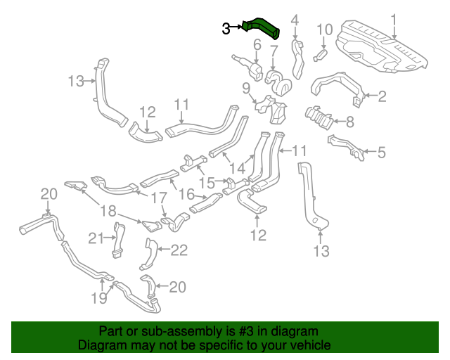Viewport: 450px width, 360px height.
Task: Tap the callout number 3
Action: pos(226,29)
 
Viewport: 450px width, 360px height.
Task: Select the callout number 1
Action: pos(394,20)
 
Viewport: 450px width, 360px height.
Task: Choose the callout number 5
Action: pos(382,152)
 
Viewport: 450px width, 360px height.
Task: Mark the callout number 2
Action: pos(382,96)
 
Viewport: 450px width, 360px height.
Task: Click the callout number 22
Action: pos(180,249)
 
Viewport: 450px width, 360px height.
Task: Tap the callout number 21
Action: pos(96,238)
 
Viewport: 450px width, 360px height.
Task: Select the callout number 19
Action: pos(99,298)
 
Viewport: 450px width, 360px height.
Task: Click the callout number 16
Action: pos(186,193)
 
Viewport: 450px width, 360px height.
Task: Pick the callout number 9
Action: pos(246,88)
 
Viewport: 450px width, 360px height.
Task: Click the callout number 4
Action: pos(295,20)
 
